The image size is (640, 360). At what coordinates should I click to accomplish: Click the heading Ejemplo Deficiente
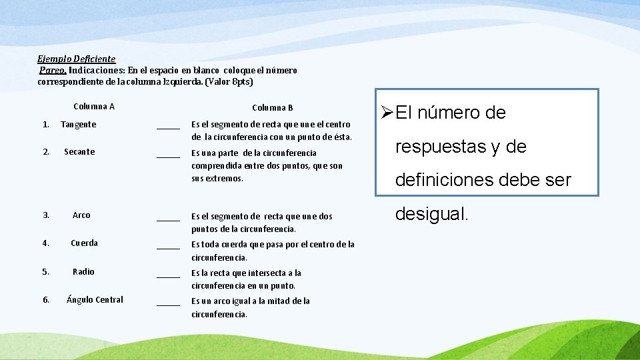[77, 59]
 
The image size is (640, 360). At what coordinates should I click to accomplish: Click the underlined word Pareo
[53, 70]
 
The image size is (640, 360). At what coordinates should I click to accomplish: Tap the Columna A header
[94, 107]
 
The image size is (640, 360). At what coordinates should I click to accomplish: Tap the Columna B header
[273, 108]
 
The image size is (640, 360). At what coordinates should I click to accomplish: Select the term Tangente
[79, 125]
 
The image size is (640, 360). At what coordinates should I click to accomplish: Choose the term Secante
[79, 152]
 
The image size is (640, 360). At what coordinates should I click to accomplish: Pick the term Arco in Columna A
[81, 215]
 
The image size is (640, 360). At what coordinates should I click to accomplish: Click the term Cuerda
[85, 243]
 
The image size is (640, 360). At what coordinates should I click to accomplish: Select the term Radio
[84, 272]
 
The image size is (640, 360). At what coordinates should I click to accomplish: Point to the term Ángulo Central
[95, 300]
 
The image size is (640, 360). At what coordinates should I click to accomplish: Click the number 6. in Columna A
[46, 300]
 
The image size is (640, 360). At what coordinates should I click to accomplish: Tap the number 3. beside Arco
[46, 215]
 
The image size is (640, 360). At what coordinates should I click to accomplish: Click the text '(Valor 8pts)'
[229, 82]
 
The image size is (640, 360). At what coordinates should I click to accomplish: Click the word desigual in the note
[433, 215]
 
